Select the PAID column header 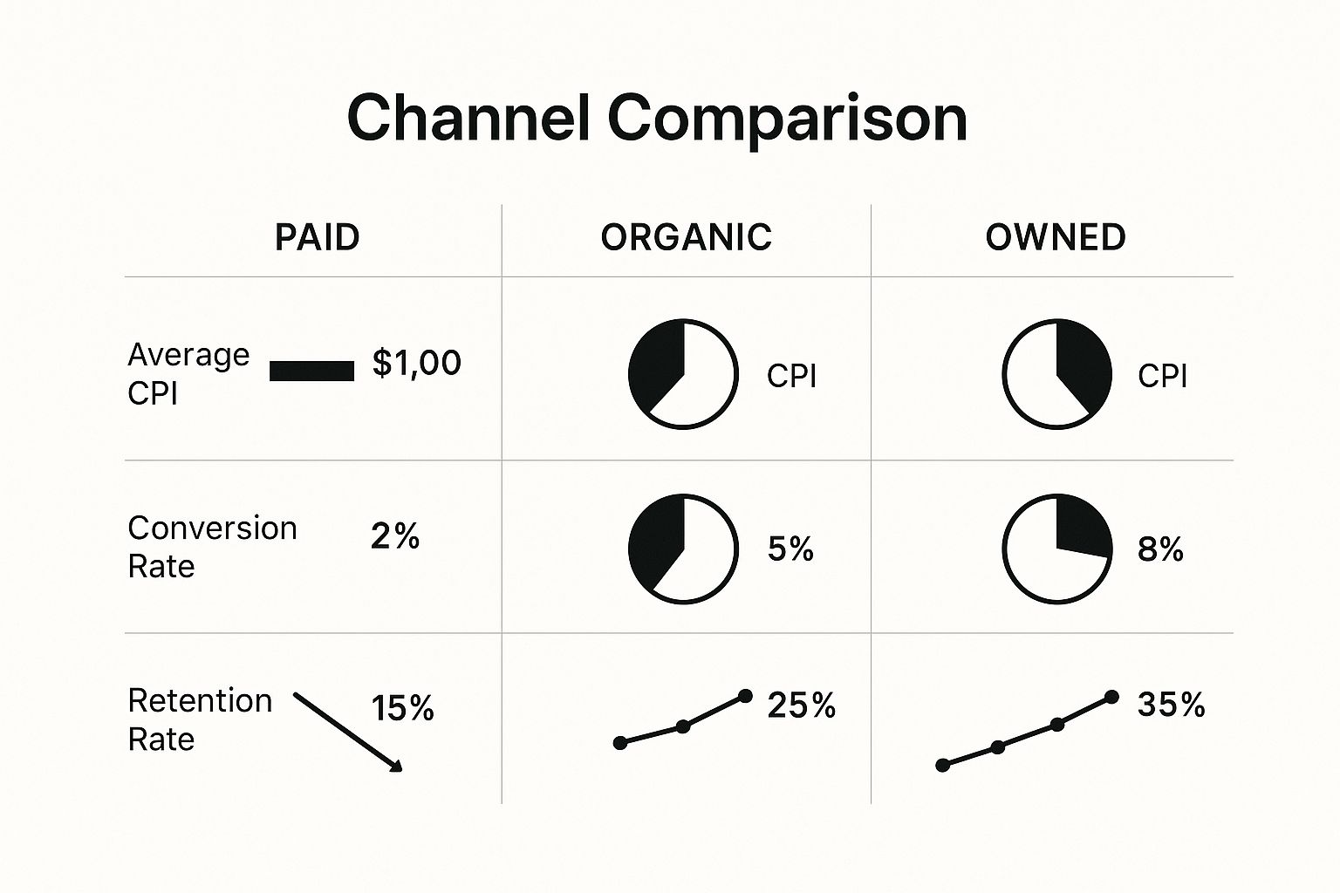click(317, 237)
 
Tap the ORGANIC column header click(686, 237)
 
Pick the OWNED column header click(1055, 237)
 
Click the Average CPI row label click(188, 373)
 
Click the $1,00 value click(416, 363)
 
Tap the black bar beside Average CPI click(311, 372)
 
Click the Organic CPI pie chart click(683, 374)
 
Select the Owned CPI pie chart click(1056, 374)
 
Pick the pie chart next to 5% click(683, 549)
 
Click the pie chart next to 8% click(1056, 549)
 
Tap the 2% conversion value click(394, 536)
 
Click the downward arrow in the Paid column click(347, 732)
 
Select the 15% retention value click(402, 708)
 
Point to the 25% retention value click(801, 706)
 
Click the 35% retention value click(1171, 705)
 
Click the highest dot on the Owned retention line click(1111, 696)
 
